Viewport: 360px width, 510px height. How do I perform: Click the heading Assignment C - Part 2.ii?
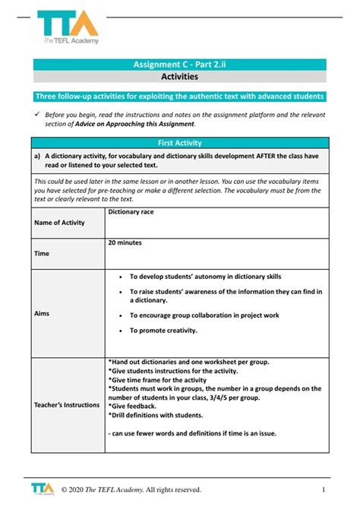point(179,65)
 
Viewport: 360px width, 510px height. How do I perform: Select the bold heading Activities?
point(179,77)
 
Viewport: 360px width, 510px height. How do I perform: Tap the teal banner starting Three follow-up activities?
point(180,97)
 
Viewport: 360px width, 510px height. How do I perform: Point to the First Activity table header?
point(179,142)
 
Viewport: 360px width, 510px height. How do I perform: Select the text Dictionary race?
point(131,212)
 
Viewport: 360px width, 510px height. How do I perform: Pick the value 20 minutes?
point(125,242)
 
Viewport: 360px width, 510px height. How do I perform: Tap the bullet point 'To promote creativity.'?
point(163,331)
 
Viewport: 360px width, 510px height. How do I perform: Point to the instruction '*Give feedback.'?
point(134,406)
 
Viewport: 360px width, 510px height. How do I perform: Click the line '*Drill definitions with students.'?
point(156,415)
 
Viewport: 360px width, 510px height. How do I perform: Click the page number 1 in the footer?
point(324,489)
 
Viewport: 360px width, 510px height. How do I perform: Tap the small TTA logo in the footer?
point(42,487)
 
